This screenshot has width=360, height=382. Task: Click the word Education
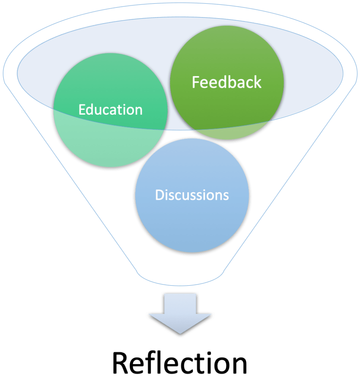[111, 110]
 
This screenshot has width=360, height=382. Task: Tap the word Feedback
[227, 82]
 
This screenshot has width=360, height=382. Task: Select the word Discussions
[192, 195]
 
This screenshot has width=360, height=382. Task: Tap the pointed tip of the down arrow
[180, 332]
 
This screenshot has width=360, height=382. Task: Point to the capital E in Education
[82, 110]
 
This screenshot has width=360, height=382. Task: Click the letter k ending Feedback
[258, 82]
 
